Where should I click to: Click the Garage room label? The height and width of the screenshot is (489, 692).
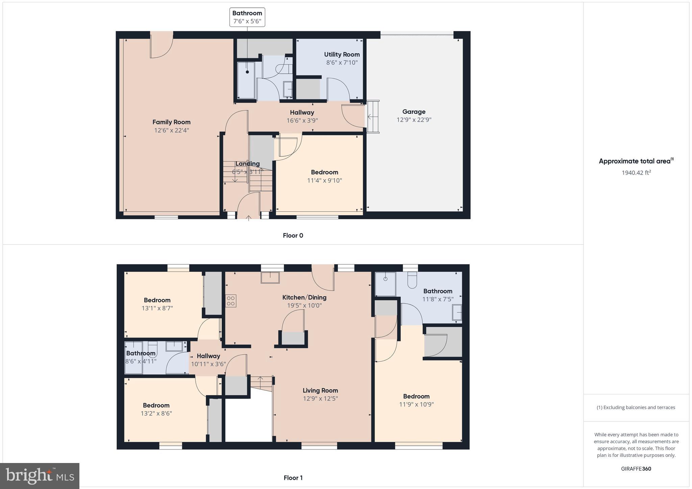(414, 112)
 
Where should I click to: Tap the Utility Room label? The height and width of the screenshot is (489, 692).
(342, 54)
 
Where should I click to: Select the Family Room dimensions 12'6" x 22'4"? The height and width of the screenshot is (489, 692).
(171, 130)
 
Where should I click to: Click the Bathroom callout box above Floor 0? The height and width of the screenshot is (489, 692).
(247, 17)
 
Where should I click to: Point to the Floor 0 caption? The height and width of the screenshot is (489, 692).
(293, 235)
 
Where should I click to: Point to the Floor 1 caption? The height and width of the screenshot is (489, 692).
(293, 478)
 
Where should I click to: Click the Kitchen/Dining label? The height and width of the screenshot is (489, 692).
(304, 298)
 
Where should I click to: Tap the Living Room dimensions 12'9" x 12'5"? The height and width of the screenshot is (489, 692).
(320, 398)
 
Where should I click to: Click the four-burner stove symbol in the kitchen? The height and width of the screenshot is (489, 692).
(231, 301)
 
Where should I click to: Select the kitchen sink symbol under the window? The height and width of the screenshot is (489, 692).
(270, 278)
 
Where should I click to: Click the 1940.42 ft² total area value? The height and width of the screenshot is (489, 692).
(636, 173)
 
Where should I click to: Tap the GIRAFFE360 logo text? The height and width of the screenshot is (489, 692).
(636, 468)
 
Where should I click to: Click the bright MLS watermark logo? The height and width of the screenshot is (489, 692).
(40, 476)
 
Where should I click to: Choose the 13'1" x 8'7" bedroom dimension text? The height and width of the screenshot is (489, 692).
(157, 308)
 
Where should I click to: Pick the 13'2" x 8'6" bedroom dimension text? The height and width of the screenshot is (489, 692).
(156, 413)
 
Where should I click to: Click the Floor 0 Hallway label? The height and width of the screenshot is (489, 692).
(302, 112)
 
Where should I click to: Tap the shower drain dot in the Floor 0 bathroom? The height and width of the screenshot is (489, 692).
(247, 72)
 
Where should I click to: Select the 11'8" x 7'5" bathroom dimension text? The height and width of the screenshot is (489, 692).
(438, 299)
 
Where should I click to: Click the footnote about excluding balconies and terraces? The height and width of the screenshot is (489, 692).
(636, 407)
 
